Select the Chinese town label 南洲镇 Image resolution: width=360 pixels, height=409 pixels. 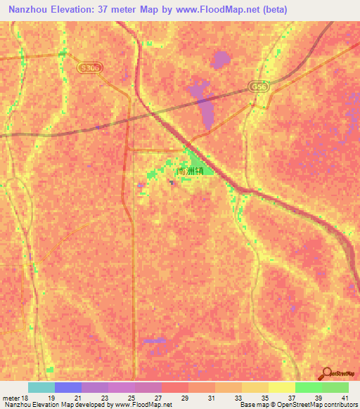[x=191, y=170]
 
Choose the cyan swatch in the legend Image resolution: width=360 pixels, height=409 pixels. [x=41, y=387]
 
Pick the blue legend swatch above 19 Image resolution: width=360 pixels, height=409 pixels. [x=68, y=387]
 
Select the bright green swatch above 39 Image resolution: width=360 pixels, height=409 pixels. [x=309, y=387]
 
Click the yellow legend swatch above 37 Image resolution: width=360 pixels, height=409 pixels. [x=282, y=387]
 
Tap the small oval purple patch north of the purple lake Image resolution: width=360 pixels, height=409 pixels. [x=221, y=60]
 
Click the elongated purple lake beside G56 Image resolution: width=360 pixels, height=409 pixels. [x=204, y=105]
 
